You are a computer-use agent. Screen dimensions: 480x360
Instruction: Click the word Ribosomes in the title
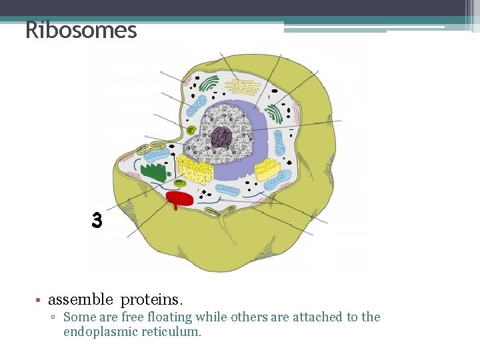tap(81, 30)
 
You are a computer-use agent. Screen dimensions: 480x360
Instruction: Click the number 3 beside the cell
tap(97, 221)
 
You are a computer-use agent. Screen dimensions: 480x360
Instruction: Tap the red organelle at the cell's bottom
tap(179, 199)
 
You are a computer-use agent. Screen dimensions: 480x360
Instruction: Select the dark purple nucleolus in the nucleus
tap(221, 138)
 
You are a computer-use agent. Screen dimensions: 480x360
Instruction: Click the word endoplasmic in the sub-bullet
tap(99, 331)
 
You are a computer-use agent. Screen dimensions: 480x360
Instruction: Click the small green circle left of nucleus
tap(191, 130)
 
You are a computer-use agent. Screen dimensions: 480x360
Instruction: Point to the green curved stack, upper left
tap(209, 83)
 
